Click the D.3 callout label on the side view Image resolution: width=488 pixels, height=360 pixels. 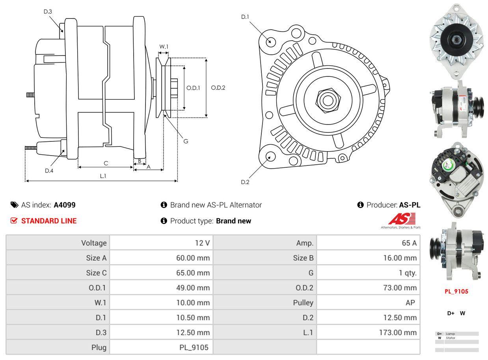pyautogui.click(x=48, y=11)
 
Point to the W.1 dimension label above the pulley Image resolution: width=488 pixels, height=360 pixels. pyautogui.click(x=164, y=47)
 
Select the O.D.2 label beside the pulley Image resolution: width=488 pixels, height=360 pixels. pyautogui.click(x=218, y=88)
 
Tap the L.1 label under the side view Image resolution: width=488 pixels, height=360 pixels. pyautogui.click(x=103, y=176)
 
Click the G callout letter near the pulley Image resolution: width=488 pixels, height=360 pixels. pyautogui.click(x=186, y=141)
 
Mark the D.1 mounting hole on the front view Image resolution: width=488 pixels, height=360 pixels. pyautogui.click(x=270, y=41)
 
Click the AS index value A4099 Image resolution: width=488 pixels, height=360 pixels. pyautogui.click(x=65, y=205)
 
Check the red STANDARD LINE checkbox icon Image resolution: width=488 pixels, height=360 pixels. pyautogui.click(x=14, y=221)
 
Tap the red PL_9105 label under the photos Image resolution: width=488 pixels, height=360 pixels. pyautogui.click(x=456, y=292)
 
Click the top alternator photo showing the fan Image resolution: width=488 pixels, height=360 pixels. pyautogui.click(x=456, y=40)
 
